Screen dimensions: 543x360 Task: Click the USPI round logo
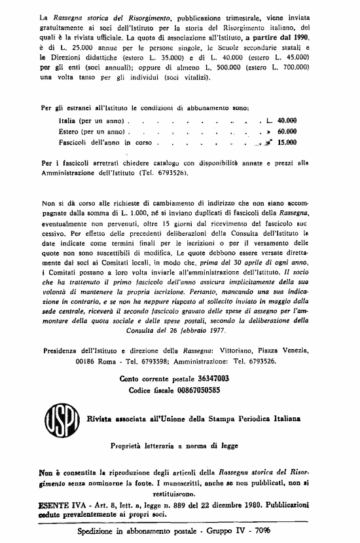[x=60, y=416]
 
